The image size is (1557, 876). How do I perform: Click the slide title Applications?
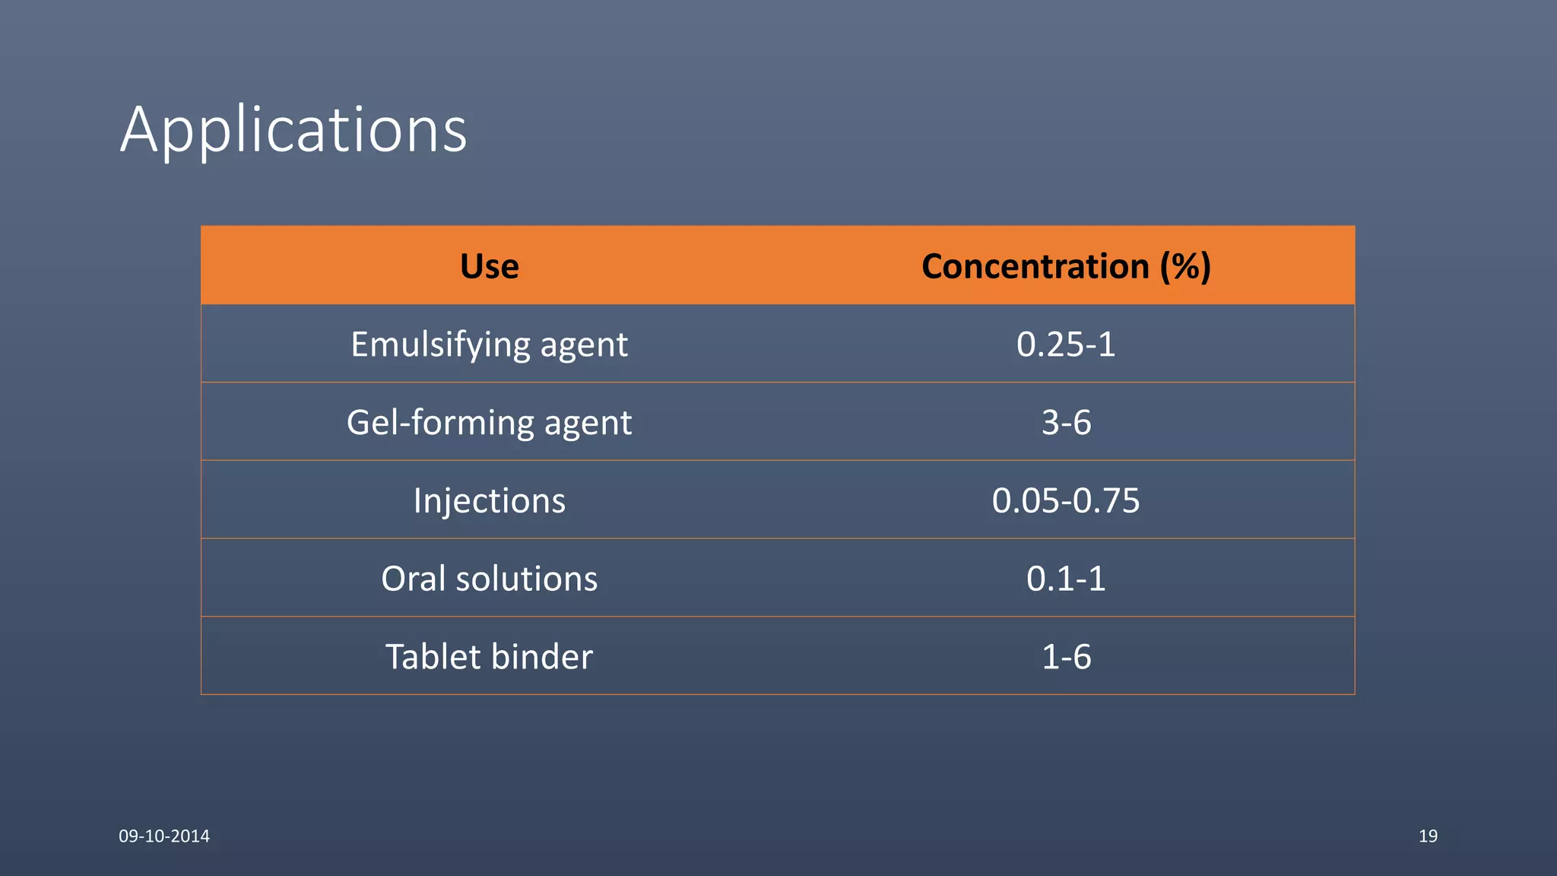pyautogui.click(x=293, y=130)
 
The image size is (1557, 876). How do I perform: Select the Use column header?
pyautogui.click(x=489, y=266)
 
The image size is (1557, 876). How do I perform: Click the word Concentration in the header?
pyautogui.click(x=1035, y=266)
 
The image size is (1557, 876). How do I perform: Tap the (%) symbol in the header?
pyautogui.click(x=1185, y=266)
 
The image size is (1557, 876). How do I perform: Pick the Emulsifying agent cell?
pyautogui.click(x=489, y=344)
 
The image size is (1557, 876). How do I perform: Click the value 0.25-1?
pyautogui.click(x=1066, y=344)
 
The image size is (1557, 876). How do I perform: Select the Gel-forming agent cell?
pyautogui.click(x=489, y=423)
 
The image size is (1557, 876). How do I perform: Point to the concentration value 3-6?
pyautogui.click(x=1066, y=423)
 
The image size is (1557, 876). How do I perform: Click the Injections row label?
pyautogui.click(x=489, y=501)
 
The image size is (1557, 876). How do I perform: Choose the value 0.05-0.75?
pyautogui.click(x=1066, y=501)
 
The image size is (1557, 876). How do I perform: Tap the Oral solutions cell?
pyautogui.click(x=489, y=579)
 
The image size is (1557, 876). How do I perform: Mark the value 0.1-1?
pyautogui.click(x=1066, y=579)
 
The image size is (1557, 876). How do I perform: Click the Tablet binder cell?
pyautogui.click(x=489, y=657)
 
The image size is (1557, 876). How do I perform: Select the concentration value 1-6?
pyautogui.click(x=1066, y=657)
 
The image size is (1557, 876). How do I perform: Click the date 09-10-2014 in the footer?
pyautogui.click(x=164, y=836)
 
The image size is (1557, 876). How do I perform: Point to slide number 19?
pyautogui.click(x=1428, y=836)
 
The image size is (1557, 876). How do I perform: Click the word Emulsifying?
pyautogui.click(x=440, y=344)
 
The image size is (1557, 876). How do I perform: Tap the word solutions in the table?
pyautogui.click(x=526, y=579)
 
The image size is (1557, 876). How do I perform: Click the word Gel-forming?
pyautogui.click(x=440, y=423)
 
